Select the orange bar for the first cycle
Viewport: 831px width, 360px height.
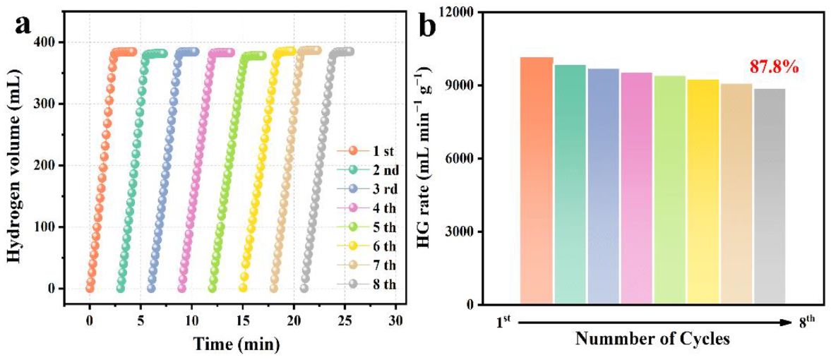click(x=537, y=181)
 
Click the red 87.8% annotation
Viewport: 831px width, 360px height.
click(x=774, y=67)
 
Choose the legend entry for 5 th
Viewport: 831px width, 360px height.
click(x=368, y=227)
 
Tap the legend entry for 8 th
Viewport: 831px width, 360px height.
click(x=368, y=284)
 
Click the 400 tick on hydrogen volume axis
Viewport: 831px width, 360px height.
click(x=48, y=42)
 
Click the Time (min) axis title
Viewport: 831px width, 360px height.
click(x=237, y=344)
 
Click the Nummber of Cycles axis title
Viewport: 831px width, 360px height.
click(x=652, y=338)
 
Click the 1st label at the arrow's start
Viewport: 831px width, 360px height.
click(x=503, y=322)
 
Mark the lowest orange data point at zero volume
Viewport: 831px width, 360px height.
click(x=90, y=288)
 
